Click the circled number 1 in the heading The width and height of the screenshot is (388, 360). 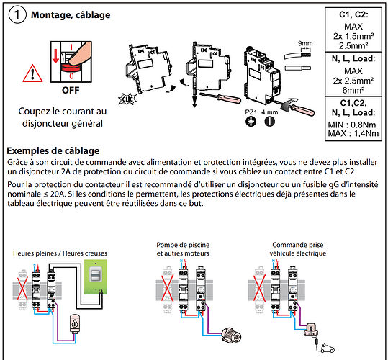pos(17,15)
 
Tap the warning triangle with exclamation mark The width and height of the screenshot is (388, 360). pos(32,73)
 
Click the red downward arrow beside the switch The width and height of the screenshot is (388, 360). pos(55,56)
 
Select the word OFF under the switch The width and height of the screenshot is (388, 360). pos(71,90)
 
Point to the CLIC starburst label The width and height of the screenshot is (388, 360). pos(127,99)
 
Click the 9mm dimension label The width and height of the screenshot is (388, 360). pos(305,43)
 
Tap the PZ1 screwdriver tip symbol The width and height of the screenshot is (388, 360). pos(251,122)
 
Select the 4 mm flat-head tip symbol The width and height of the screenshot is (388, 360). pos(269,122)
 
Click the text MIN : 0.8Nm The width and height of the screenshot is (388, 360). pos(352,125)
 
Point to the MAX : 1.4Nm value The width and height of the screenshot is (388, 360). pos(353,134)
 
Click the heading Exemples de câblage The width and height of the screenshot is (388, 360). pos(53,150)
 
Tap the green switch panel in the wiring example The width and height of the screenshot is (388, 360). pos(96,277)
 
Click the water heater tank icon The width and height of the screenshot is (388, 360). pos(75,323)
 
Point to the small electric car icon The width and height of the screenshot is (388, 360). pos(328,348)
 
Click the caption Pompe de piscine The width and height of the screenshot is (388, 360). pos(183,245)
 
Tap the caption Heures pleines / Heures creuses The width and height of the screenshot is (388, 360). pos(60,253)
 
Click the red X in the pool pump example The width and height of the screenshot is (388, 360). pos(168,288)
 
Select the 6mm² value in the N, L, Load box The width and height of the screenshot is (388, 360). pos(353,90)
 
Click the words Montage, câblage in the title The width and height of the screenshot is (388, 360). pos(71,15)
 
